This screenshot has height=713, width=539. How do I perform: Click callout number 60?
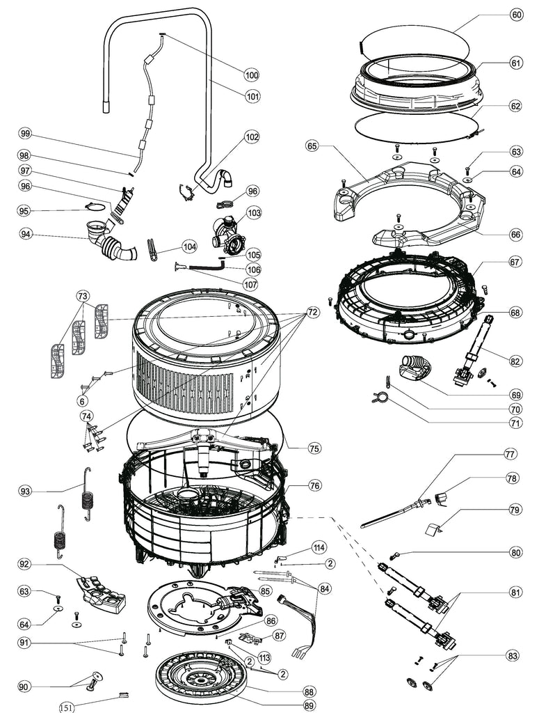pos(516,15)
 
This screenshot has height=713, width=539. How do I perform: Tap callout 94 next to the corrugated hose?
pos(26,233)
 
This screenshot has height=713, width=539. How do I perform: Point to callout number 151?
pos(67,708)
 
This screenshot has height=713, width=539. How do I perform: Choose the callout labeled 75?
pos(314,448)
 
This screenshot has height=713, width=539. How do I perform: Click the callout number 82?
pos(515,361)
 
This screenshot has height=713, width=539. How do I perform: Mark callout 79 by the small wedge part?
pos(515,510)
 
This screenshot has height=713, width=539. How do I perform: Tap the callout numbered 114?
pos(319,547)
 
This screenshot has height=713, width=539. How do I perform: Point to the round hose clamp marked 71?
pos(380,398)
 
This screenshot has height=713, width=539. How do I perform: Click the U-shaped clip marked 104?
pos(152,249)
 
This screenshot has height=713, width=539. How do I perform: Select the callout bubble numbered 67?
pos(515,263)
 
